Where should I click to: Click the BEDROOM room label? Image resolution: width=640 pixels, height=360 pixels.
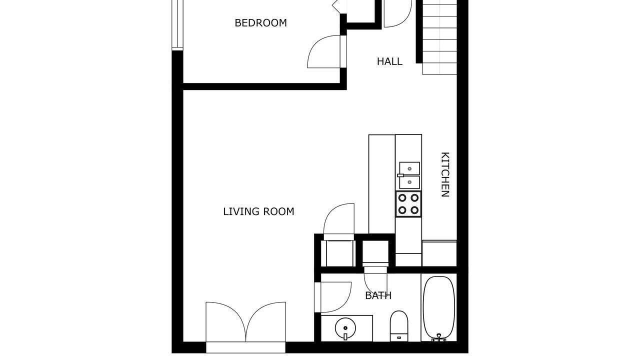(x=260, y=23)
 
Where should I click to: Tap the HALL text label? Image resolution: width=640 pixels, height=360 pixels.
(x=389, y=61)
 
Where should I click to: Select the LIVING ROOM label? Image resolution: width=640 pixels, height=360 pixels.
(x=258, y=211)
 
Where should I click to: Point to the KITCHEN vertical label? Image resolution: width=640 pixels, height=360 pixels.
(x=445, y=174)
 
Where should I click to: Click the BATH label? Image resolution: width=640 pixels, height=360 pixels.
(x=378, y=295)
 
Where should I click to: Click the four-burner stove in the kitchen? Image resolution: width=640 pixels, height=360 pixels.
(x=408, y=204)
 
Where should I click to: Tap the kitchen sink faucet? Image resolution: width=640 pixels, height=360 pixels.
(x=400, y=175)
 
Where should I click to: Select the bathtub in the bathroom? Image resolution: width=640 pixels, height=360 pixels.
(x=439, y=308)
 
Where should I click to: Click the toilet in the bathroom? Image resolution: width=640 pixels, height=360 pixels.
(x=399, y=326)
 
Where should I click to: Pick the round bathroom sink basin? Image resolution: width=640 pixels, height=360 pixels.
(x=345, y=328)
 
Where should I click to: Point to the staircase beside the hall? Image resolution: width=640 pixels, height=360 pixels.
(x=439, y=37)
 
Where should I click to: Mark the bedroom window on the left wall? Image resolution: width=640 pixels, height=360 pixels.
(x=177, y=25)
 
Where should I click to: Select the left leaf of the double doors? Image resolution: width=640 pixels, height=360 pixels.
(x=225, y=322)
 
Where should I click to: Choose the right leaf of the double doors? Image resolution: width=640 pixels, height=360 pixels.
(x=265, y=322)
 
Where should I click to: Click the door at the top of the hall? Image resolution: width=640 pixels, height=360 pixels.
(x=397, y=13)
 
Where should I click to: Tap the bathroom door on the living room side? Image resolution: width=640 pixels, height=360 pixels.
(x=335, y=297)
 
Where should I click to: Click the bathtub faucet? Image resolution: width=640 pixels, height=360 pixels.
(x=439, y=338)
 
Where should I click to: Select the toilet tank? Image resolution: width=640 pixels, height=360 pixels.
(x=399, y=337)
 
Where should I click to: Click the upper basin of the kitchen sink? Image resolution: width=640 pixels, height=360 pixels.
(x=409, y=168)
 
